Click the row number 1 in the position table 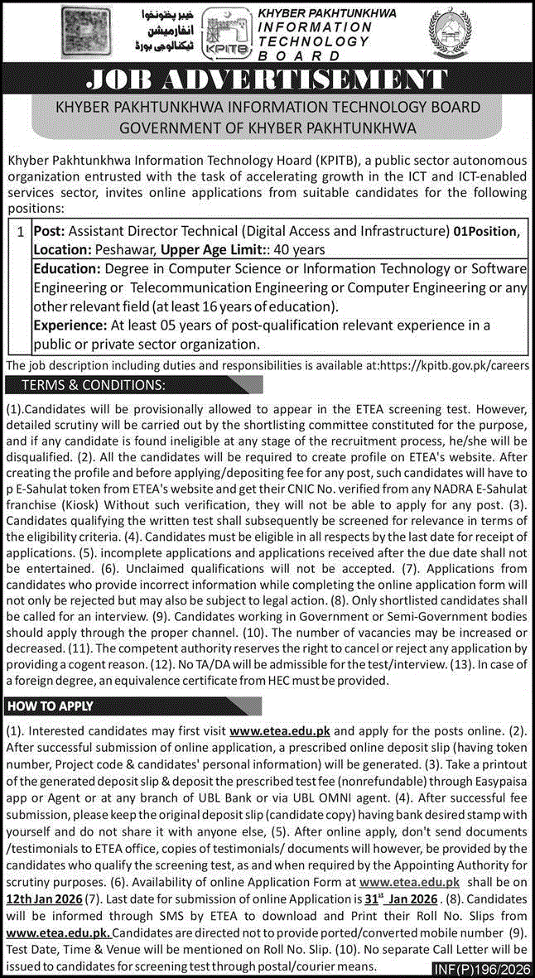click(x=19, y=233)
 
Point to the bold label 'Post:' click(x=49, y=233)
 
